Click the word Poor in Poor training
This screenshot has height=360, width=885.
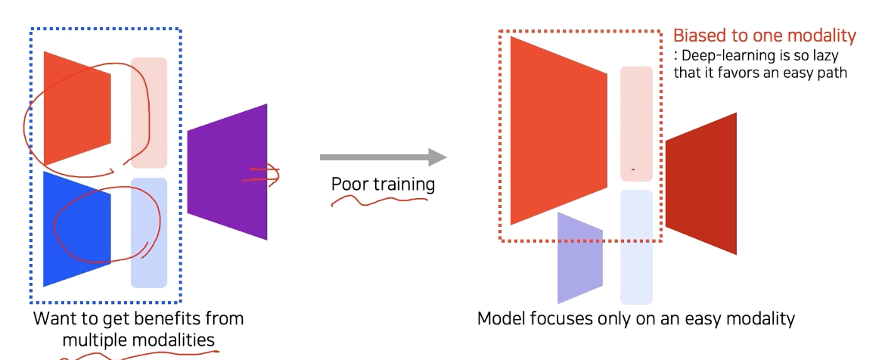pyautogui.click(x=349, y=185)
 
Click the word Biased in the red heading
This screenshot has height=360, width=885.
pyautogui.click(x=697, y=36)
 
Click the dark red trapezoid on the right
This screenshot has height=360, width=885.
pyautogui.click(x=701, y=184)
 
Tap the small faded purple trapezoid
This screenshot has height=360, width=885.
pyautogui.click(x=579, y=258)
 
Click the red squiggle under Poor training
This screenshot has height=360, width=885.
pyautogui.click(x=378, y=201)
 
